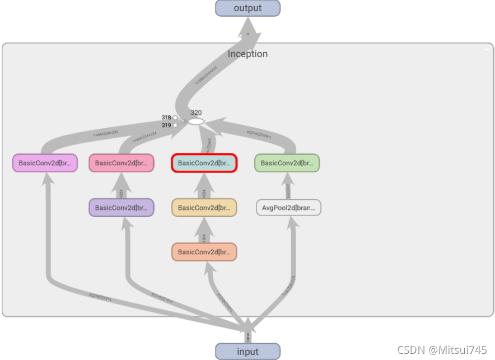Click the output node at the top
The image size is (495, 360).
(247, 8)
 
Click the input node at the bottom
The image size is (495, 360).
(247, 352)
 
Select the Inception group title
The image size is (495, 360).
(247, 54)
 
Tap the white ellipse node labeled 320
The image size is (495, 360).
(195, 121)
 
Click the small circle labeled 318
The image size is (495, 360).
(175, 118)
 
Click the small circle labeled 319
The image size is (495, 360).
(175, 125)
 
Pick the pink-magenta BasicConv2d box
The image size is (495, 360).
(44, 163)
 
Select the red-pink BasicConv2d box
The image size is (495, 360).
(121, 163)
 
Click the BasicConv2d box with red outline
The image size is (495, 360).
(204, 163)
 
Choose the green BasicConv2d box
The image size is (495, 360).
(287, 163)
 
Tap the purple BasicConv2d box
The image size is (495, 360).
(121, 208)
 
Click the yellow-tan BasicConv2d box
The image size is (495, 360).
(204, 208)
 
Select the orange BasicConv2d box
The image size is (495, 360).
(204, 252)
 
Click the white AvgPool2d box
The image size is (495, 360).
(289, 208)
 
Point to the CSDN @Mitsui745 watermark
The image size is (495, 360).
(442, 350)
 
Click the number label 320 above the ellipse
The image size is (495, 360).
(195, 113)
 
